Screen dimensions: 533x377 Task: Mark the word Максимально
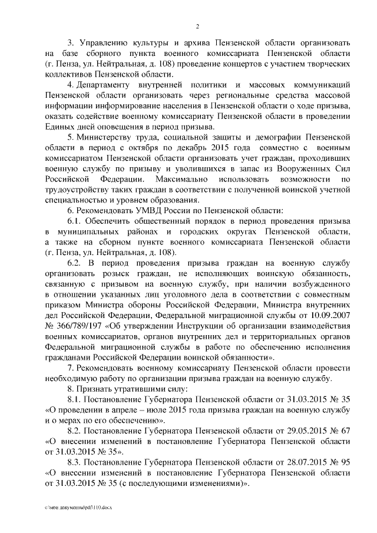click(x=183, y=178)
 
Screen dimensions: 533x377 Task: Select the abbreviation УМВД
click(x=157, y=210)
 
